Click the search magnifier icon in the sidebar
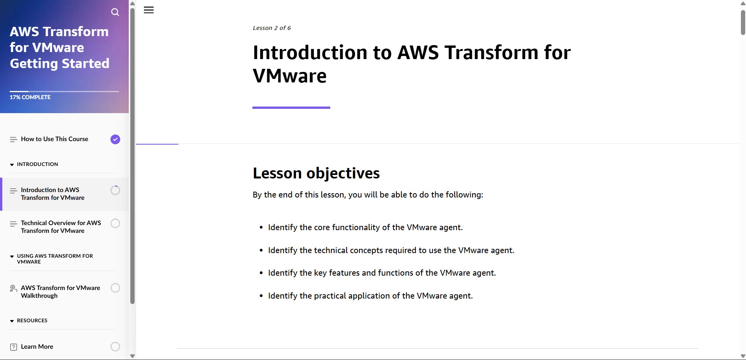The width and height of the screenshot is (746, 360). [115, 12]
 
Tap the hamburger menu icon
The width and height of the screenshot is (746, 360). [149, 10]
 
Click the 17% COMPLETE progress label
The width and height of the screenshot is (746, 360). [30, 97]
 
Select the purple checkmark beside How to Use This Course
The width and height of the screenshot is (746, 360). [115, 139]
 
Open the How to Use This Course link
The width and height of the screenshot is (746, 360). [54, 139]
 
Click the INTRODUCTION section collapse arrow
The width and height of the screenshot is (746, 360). [12, 164]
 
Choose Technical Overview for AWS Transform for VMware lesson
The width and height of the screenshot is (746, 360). [61, 227]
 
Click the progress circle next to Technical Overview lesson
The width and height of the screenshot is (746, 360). [115, 223]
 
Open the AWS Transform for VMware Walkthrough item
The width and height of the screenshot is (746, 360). [60, 292]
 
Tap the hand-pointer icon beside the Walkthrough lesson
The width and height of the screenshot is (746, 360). [13, 288]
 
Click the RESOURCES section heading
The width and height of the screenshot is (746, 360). [32, 320]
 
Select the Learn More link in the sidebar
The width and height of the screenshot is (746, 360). [37, 346]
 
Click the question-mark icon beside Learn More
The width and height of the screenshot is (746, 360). [13, 347]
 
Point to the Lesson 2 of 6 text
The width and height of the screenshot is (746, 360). [271, 28]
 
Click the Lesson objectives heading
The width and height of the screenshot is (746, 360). [316, 173]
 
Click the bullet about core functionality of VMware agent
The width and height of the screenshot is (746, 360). [365, 227]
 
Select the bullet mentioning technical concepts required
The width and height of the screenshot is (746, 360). [391, 250]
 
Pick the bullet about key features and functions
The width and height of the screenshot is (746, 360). [382, 273]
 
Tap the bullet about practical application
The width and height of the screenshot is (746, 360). [370, 296]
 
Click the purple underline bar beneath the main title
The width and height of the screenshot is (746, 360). [291, 108]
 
